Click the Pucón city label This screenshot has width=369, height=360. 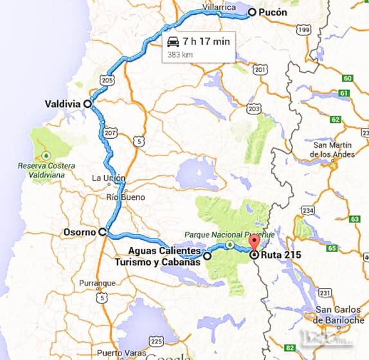pos(273,12)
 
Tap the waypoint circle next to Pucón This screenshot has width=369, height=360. pos(251,12)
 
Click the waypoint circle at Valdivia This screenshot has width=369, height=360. pos(87,103)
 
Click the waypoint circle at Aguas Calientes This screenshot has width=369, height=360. pos(207,256)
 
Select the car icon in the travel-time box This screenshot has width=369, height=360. pos(172,42)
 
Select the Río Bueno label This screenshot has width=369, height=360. pos(126,197)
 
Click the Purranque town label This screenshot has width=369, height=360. pos(96,283)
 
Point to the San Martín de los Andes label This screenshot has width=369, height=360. pos(332,150)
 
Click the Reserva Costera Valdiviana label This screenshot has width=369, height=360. pos(46,170)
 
